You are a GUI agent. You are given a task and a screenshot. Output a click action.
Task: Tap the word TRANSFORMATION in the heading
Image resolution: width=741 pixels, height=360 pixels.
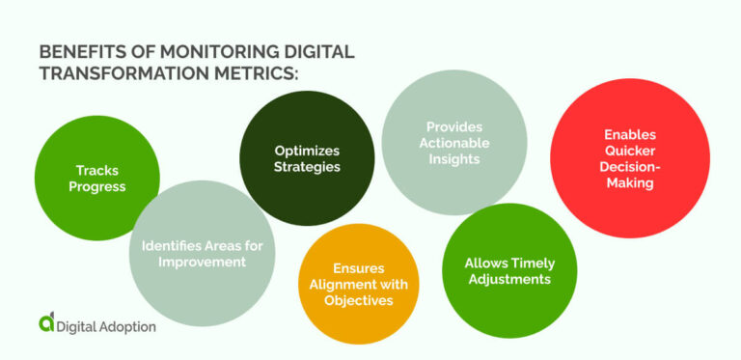(x=127, y=74)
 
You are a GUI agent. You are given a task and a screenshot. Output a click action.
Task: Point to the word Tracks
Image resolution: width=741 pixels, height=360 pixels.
(x=96, y=171)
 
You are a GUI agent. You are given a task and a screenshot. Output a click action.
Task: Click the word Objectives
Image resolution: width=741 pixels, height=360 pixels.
(x=357, y=299)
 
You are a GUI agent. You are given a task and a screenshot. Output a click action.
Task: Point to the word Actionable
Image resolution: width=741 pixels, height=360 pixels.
(x=453, y=143)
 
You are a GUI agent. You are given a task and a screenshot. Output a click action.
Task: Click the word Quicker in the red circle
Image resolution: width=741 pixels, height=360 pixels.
(x=628, y=152)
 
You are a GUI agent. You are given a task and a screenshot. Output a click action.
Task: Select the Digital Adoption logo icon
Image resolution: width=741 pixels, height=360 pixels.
(x=45, y=324)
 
